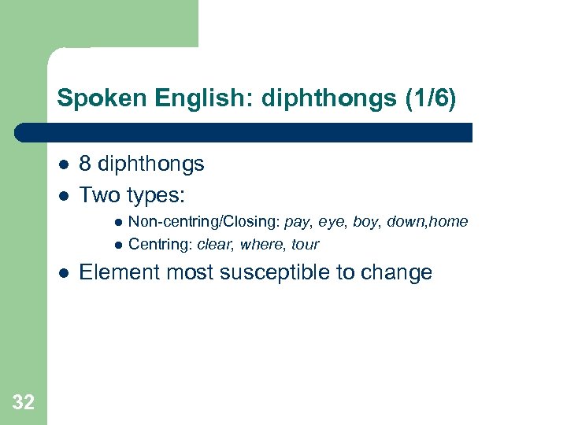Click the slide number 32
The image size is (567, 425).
click(24, 403)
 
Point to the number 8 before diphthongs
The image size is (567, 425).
click(86, 164)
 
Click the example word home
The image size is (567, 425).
click(449, 223)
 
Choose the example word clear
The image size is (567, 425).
click(214, 245)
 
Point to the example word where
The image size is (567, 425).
click(261, 245)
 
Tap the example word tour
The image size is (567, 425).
click(305, 245)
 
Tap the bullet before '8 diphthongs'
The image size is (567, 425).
click(62, 164)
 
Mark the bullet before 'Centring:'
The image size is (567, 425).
click(117, 245)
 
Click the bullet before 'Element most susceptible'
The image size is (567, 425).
click(62, 273)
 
